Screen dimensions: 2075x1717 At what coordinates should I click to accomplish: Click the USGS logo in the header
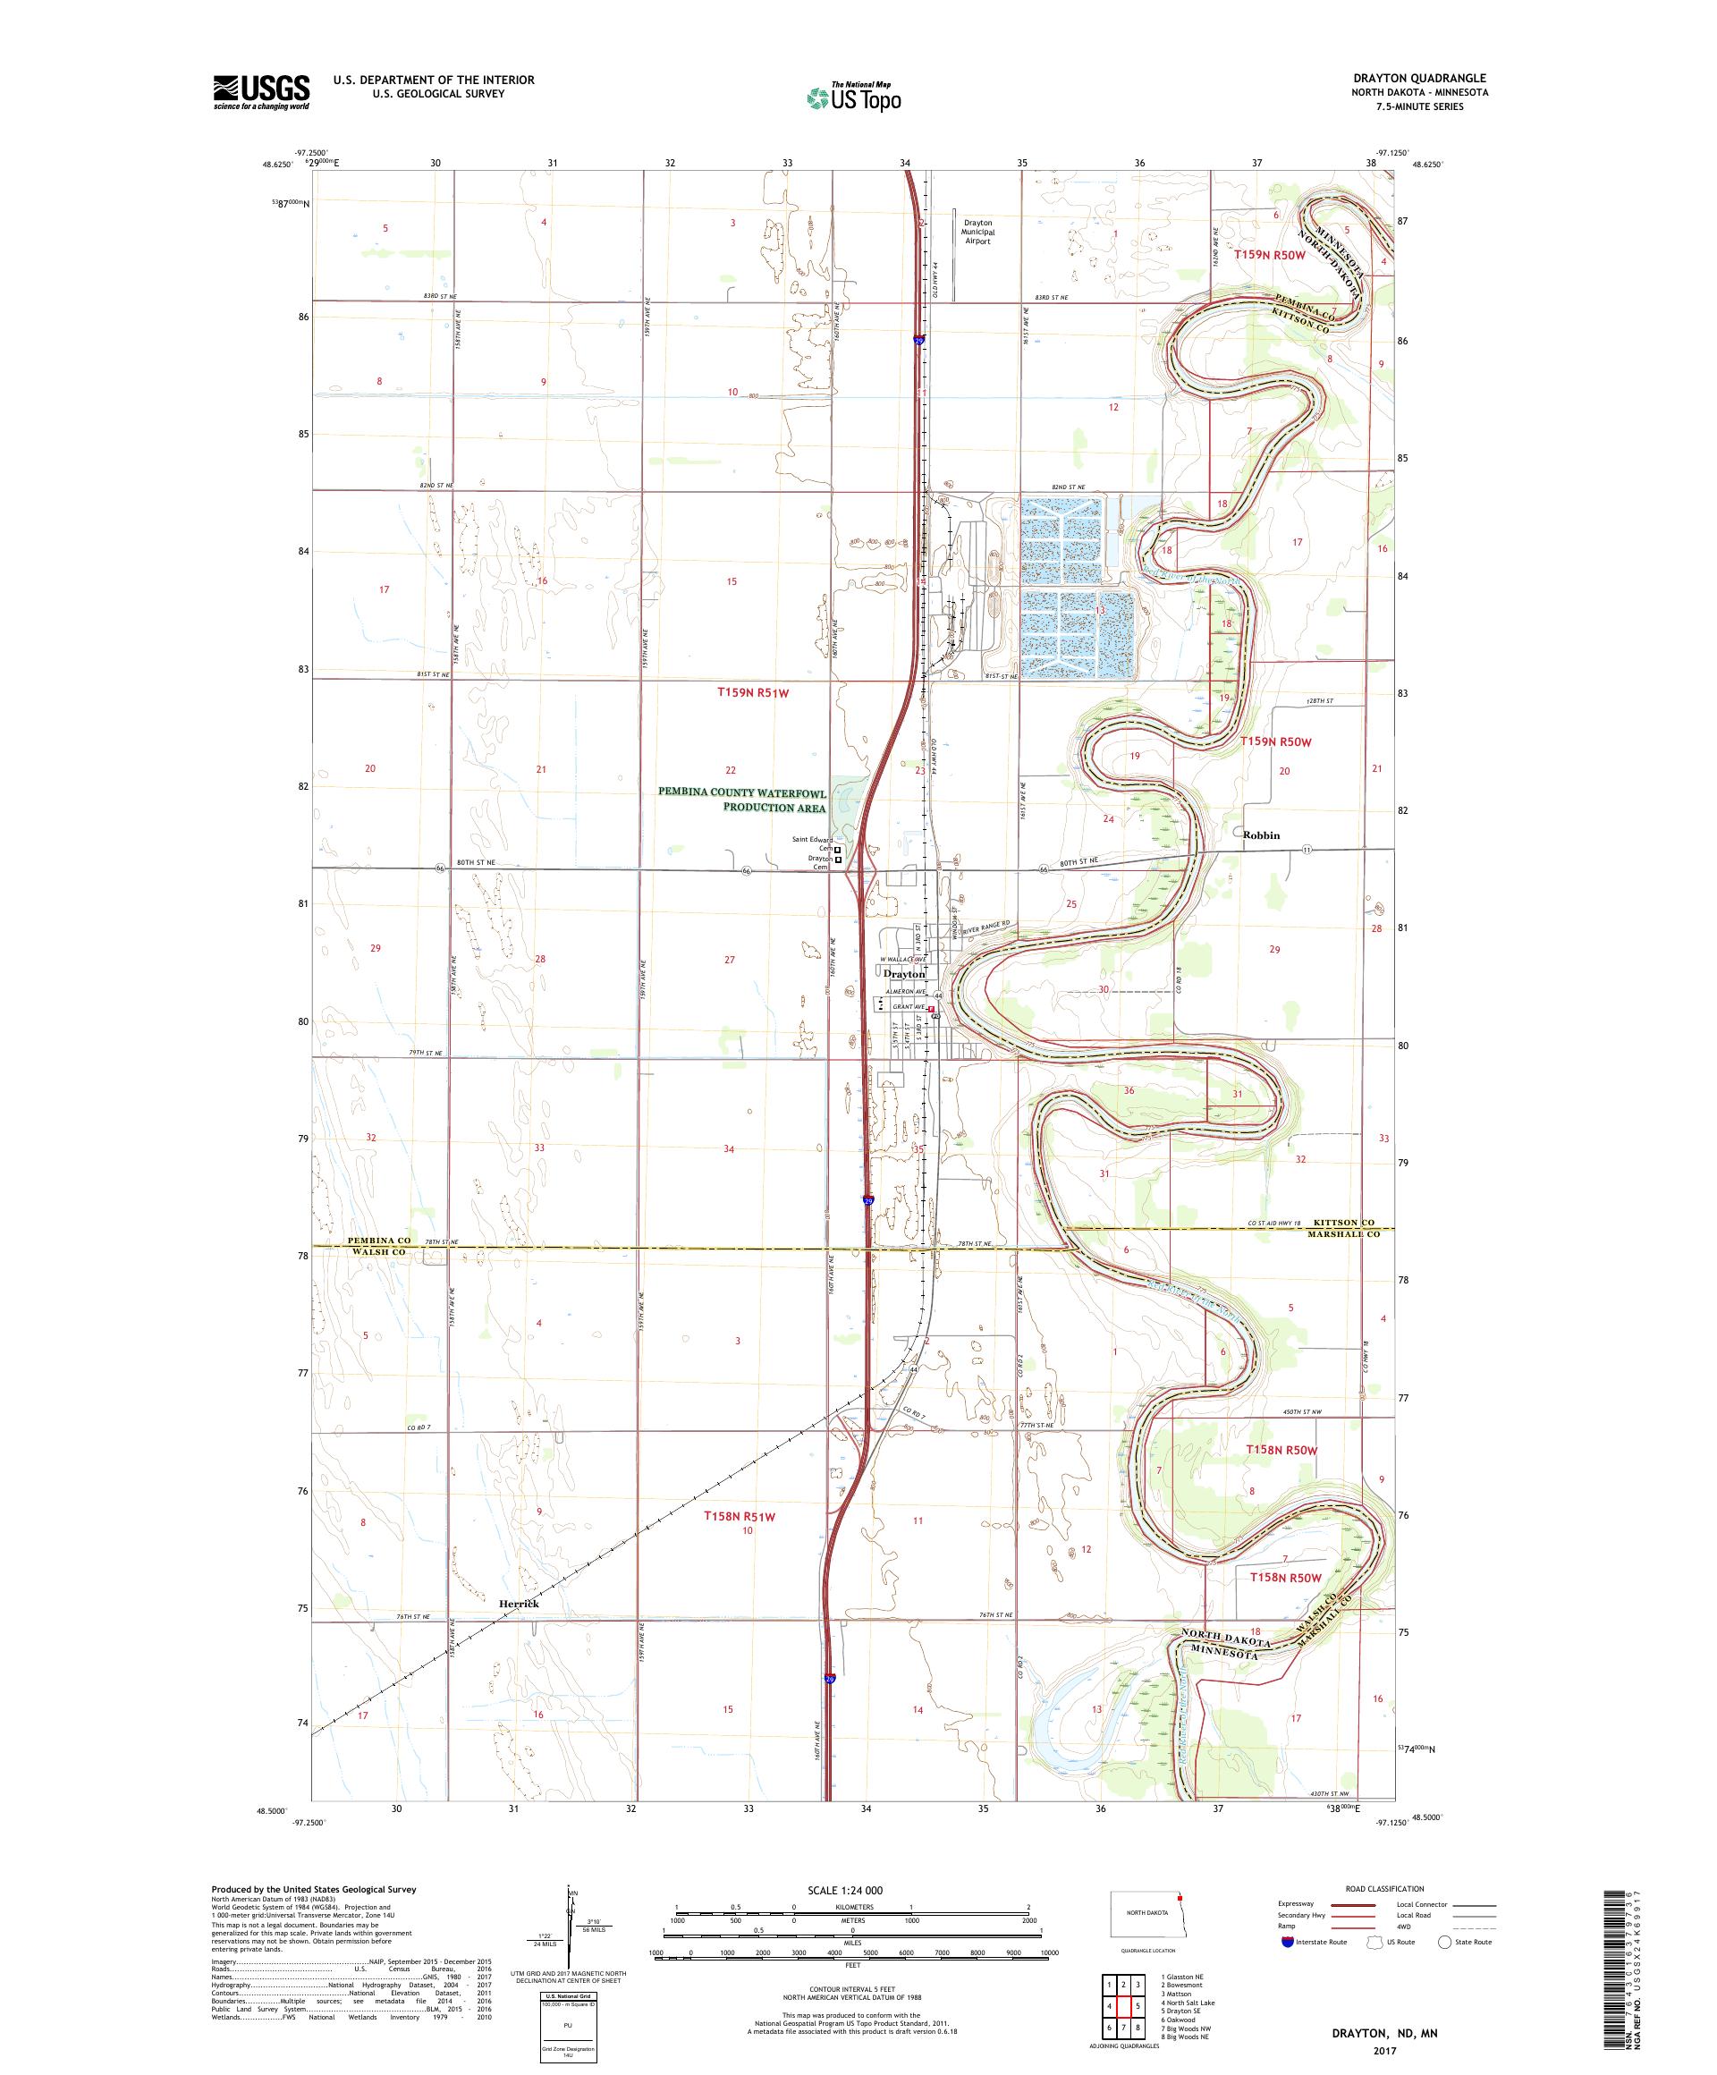click(x=262, y=93)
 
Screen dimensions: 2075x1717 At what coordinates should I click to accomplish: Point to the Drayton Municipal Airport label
click(x=977, y=233)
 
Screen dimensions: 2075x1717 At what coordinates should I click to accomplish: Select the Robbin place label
click(x=1262, y=835)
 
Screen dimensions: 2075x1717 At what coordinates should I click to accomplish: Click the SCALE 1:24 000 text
click(x=852, y=1889)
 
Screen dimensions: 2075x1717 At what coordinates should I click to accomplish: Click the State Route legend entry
click(x=1465, y=1942)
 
